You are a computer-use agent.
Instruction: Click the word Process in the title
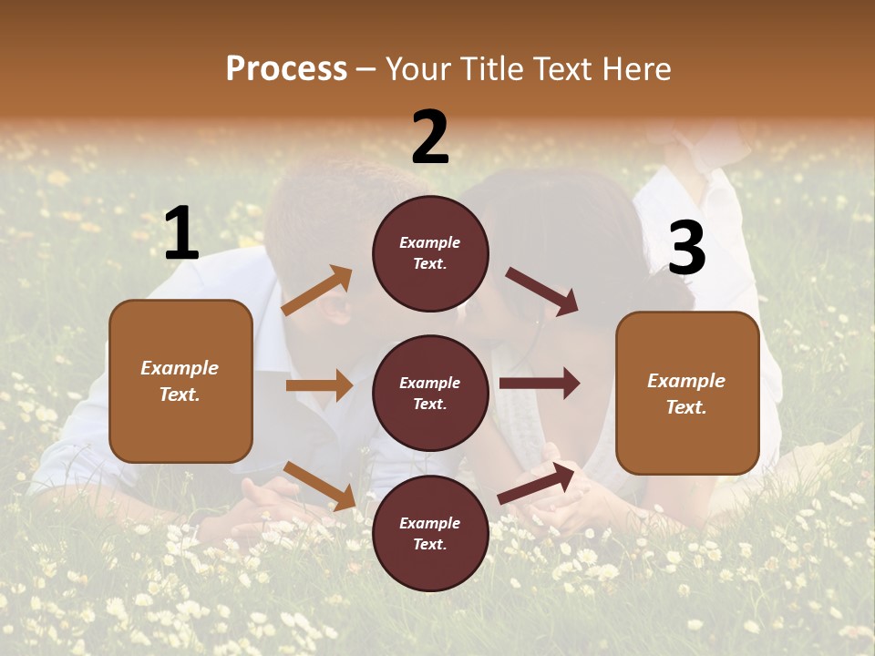(x=286, y=68)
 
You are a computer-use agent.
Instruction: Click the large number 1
(x=181, y=234)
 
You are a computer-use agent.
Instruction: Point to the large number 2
(x=430, y=137)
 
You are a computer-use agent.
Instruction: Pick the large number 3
(x=686, y=248)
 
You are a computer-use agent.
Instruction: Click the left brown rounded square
(x=180, y=381)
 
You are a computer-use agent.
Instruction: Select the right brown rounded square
(x=687, y=393)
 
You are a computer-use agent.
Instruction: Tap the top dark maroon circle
(x=430, y=253)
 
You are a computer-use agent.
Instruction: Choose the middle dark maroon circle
(x=430, y=393)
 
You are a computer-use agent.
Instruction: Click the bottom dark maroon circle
(x=430, y=533)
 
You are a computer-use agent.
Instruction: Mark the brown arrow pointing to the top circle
(x=317, y=291)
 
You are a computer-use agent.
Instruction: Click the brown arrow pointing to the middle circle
(x=319, y=385)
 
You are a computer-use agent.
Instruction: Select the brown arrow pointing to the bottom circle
(x=320, y=486)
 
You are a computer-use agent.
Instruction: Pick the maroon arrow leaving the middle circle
(x=540, y=383)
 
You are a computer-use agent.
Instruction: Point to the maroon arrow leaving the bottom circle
(x=537, y=484)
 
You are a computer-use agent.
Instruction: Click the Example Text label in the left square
(x=180, y=381)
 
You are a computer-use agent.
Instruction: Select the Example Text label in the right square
(x=686, y=394)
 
